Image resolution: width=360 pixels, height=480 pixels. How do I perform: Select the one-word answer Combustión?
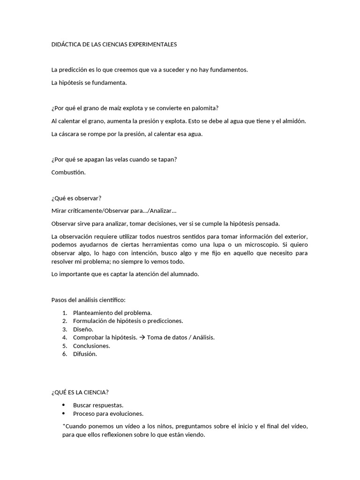(x=68, y=172)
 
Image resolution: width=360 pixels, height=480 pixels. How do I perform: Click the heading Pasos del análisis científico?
(x=88, y=300)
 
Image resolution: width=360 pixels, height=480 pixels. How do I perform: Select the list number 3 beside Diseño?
(x=64, y=329)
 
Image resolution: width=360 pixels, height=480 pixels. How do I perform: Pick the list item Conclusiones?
(x=91, y=345)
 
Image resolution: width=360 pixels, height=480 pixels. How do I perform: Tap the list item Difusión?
(x=85, y=354)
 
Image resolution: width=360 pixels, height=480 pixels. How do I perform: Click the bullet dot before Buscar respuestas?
(x=64, y=405)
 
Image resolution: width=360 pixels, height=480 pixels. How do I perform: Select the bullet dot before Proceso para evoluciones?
(x=64, y=413)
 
